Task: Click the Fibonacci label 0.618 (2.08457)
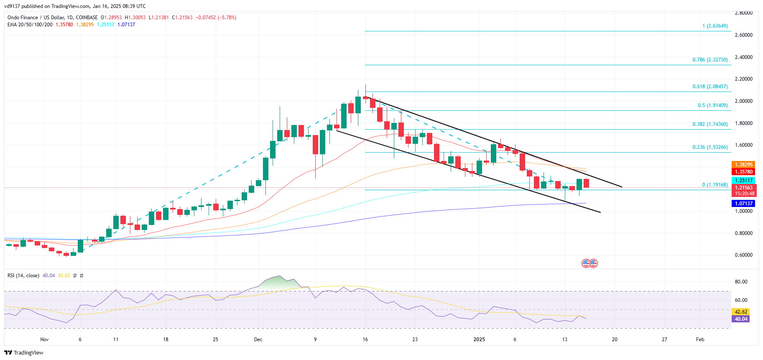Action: (710, 87)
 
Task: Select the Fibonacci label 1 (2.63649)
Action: (715, 26)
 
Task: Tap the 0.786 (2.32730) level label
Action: (710, 60)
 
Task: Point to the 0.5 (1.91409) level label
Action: (712, 105)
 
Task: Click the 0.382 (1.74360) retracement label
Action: (710, 124)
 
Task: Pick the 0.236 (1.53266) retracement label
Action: (710, 147)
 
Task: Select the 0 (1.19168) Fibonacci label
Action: (715, 185)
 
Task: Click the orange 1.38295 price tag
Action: (743, 165)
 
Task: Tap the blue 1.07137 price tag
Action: (743, 204)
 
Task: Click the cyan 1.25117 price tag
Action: (743, 181)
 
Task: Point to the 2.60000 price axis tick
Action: (743, 35)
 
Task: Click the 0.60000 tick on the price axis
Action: (743, 255)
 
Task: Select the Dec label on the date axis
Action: (258, 340)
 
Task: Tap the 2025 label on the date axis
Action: (479, 340)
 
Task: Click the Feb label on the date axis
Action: (700, 340)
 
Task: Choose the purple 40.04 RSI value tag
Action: (741, 319)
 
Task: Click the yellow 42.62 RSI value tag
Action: (741, 312)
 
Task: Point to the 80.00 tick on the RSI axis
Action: (741, 282)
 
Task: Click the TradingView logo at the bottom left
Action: (24, 352)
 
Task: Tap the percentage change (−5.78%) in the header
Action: (227, 18)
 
